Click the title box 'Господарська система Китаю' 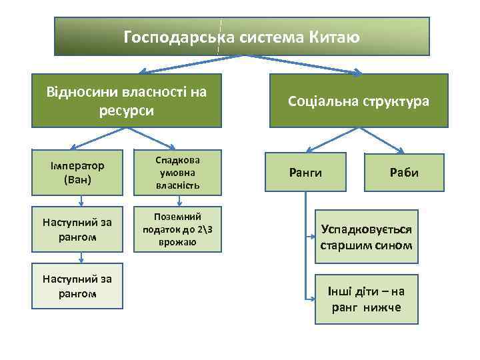[242, 37]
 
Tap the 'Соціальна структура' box [358, 101]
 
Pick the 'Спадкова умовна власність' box [177, 173]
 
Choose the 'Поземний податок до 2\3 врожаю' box [177, 229]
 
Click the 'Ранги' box [305, 173]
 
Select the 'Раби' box [404, 173]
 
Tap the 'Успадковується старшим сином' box [366, 237]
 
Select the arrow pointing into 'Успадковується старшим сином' [311, 236]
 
